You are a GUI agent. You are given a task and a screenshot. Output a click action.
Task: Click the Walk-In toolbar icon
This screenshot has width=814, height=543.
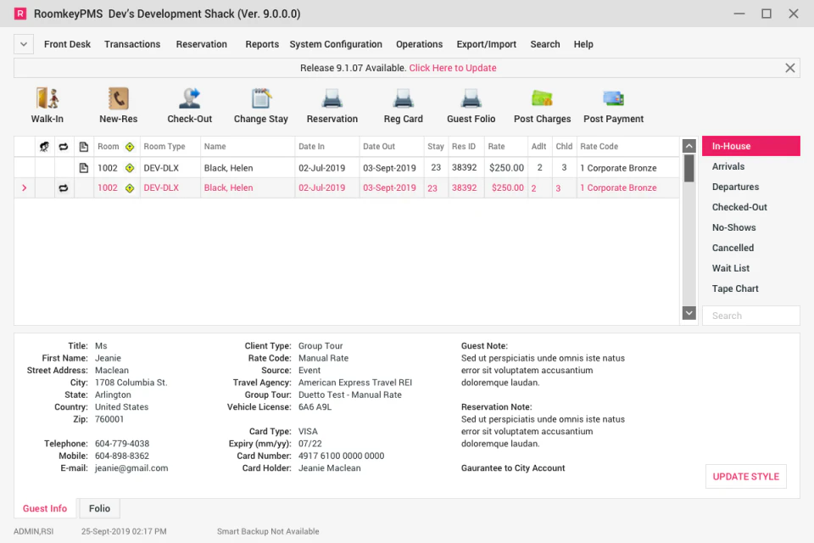tap(47, 98)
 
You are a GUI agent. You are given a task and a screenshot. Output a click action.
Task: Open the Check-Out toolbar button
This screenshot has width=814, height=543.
tap(190, 98)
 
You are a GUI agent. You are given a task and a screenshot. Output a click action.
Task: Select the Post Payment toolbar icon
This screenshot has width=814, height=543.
tap(613, 98)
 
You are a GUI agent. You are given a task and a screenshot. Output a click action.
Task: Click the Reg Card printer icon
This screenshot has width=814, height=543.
tap(404, 98)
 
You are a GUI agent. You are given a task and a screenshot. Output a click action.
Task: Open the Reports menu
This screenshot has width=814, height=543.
tap(262, 44)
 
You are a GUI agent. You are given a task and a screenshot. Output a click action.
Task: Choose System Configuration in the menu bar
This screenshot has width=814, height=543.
tap(336, 44)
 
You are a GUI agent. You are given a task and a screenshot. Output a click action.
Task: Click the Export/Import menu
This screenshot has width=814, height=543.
tap(487, 44)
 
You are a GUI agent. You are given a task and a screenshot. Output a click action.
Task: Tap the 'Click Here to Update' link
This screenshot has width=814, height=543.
tap(453, 68)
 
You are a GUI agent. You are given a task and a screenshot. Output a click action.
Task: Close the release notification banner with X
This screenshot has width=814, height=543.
tap(790, 68)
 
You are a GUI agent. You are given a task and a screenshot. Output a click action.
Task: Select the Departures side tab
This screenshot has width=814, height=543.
tap(735, 187)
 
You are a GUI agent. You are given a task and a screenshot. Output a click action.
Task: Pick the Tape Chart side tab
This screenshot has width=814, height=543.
tap(735, 288)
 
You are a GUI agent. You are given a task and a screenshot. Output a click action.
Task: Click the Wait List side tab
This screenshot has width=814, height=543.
tap(731, 268)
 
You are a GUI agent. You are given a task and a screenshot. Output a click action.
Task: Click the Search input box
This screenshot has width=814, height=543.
tap(750, 316)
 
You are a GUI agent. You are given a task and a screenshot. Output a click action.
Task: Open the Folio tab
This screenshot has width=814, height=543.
tap(99, 508)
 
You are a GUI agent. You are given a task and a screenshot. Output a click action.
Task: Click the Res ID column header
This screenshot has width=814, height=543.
tap(464, 147)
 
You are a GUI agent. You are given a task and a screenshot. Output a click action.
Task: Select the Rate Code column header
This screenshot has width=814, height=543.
tap(599, 147)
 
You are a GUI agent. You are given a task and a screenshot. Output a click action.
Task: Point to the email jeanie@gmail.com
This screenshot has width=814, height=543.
tap(131, 467)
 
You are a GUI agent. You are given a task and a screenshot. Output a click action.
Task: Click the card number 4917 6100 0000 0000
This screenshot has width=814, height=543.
tap(341, 456)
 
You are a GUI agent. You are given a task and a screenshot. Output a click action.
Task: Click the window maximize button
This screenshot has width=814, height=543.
tap(767, 14)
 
